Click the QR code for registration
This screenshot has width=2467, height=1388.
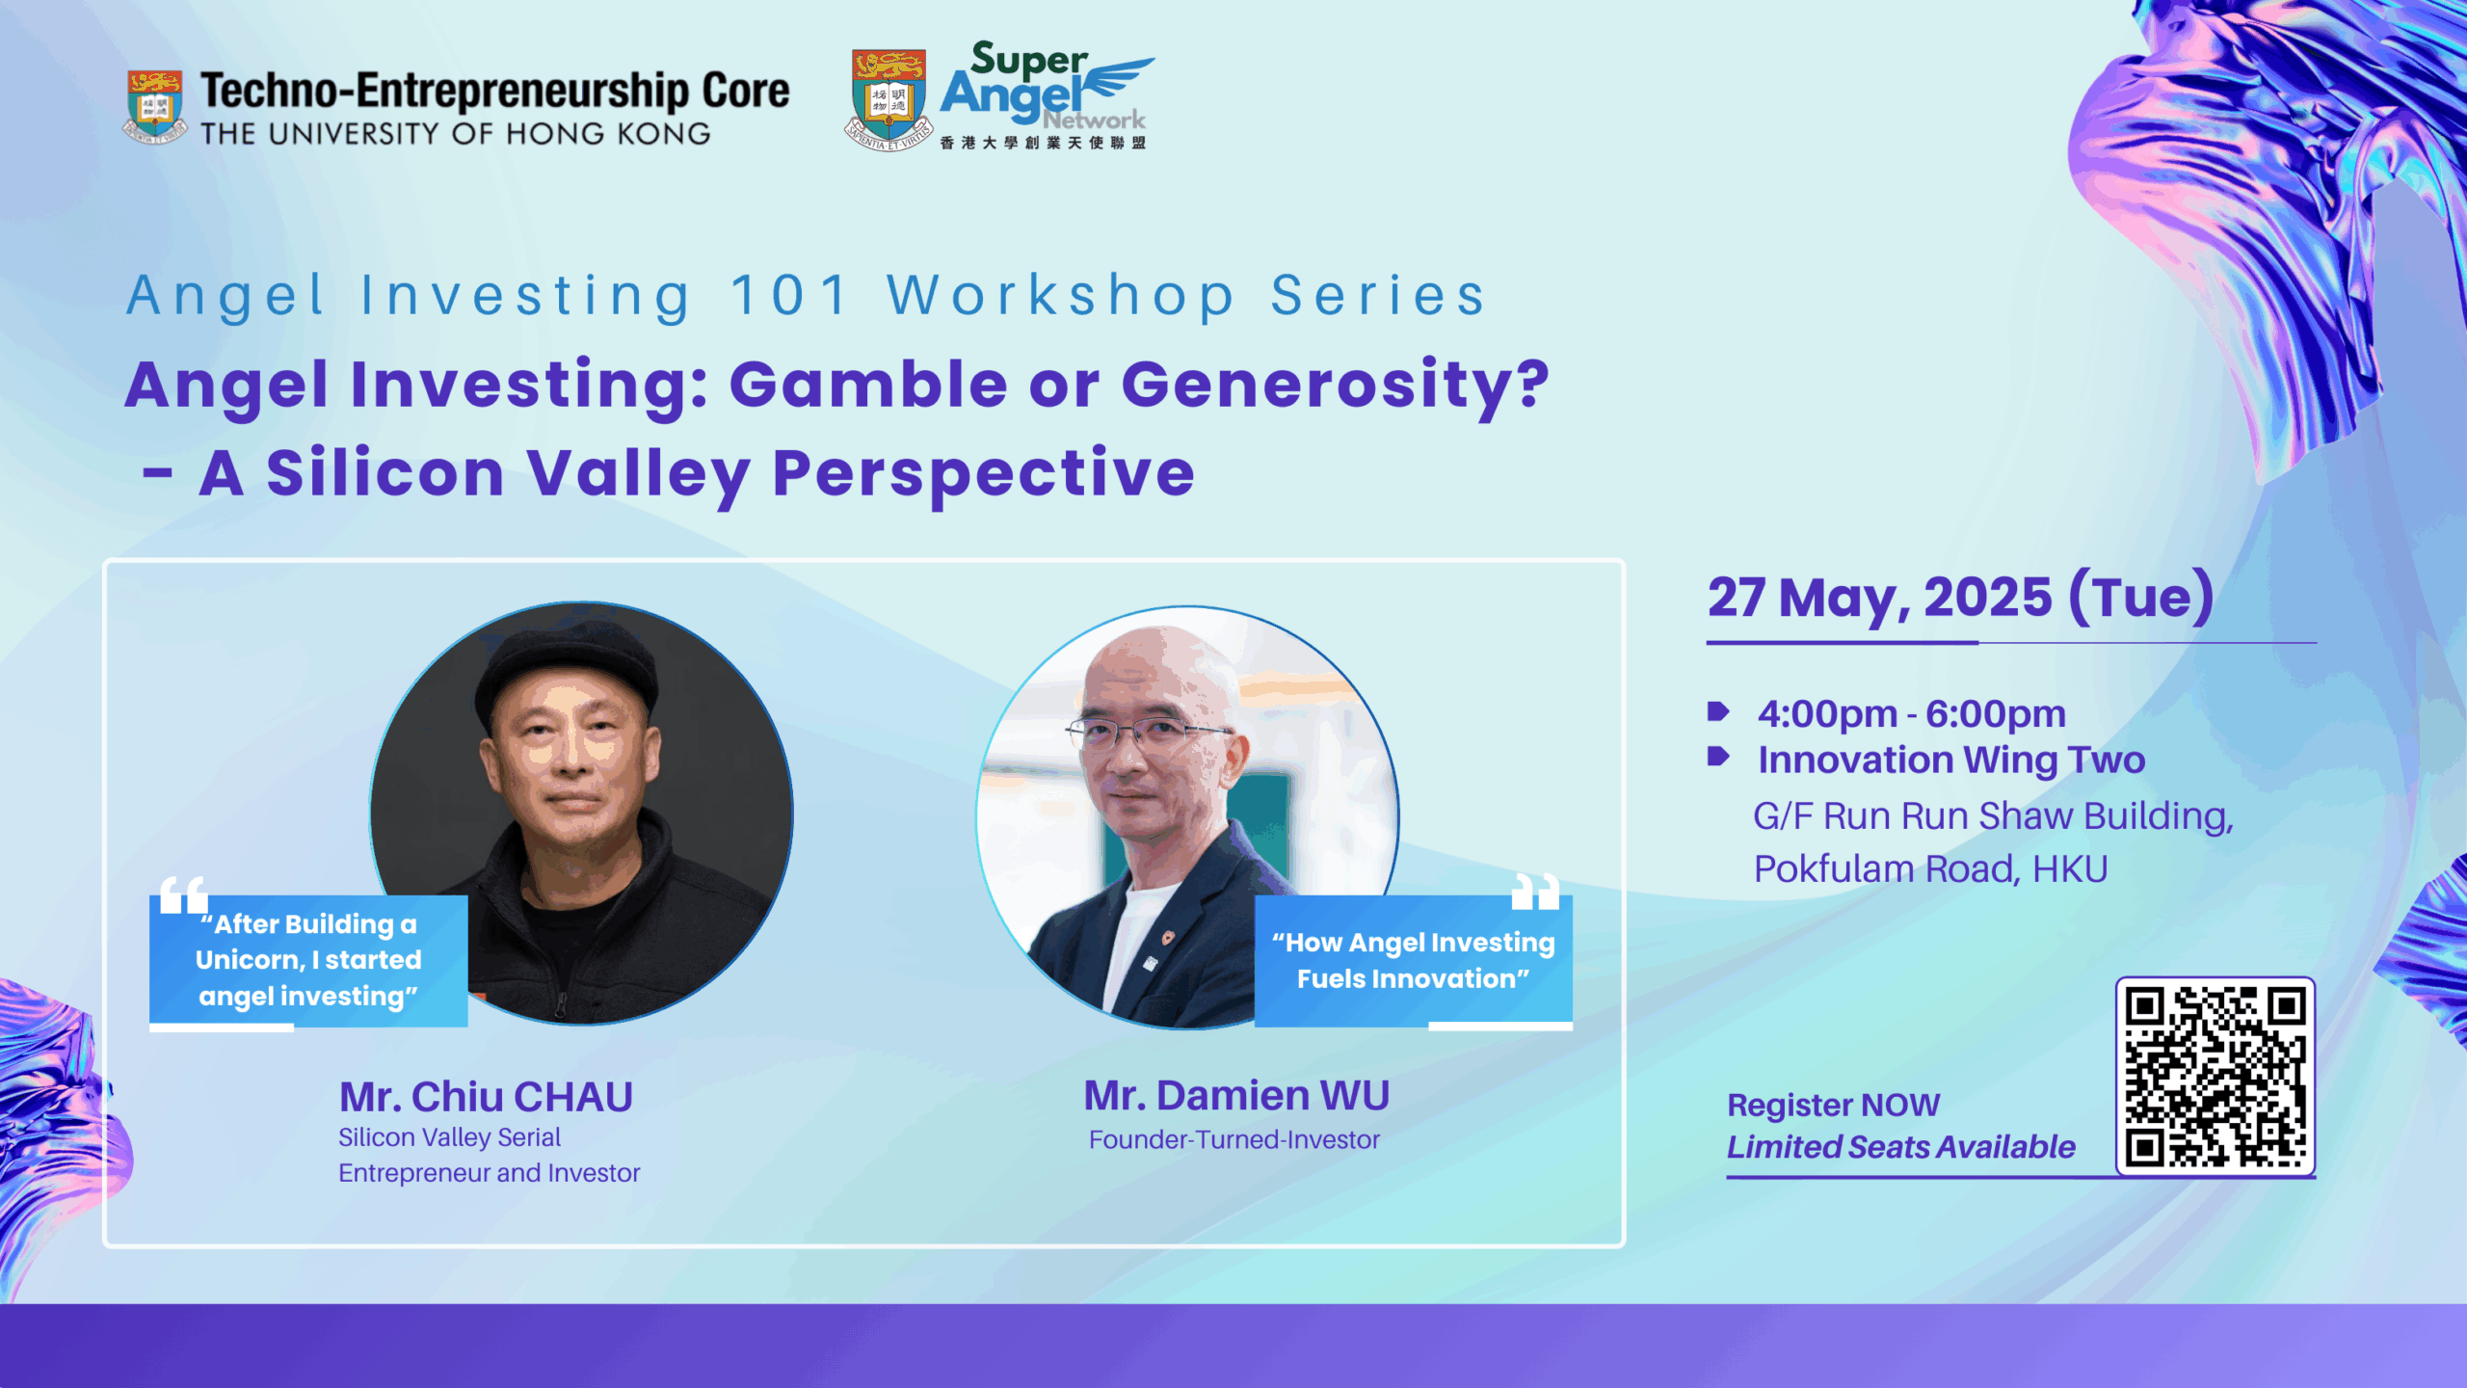pyautogui.click(x=2215, y=1076)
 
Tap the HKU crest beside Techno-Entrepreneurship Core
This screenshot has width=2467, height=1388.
pyautogui.click(x=154, y=106)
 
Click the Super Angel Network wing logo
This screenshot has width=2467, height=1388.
pyautogui.click(x=1047, y=95)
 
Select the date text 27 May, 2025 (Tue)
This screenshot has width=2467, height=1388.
pyautogui.click(x=1960, y=598)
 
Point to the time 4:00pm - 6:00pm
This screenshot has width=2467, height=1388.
pyautogui.click(x=1912, y=714)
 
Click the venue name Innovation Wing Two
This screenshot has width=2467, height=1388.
pyautogui.click(x=1951, y=760)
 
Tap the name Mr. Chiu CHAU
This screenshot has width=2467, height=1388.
pyautogui.click(x=486, y=1097)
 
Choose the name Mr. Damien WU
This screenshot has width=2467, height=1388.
pyautogui.click(x=1236, y=1095)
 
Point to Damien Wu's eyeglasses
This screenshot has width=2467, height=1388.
pyautogui.click(x=1147, y=733)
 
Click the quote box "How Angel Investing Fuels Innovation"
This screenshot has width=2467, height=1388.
pyautogui.click(x=1414, y=960)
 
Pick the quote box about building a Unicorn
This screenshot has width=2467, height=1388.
pyautogui.click(x=308, y=960)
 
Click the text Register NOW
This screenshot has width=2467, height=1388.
pyautogui.click(x=1833, y=1105)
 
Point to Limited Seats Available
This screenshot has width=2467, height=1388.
pyautogui.click(x=1901, y=1147)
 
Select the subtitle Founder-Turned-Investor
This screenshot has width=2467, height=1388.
pyautogui.click(x=1234, y=1139)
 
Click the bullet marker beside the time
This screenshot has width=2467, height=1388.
pyautogui.click(x=1717, y=711)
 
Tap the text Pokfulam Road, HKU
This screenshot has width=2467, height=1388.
pyautogui.click(x=1930, y=868)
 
